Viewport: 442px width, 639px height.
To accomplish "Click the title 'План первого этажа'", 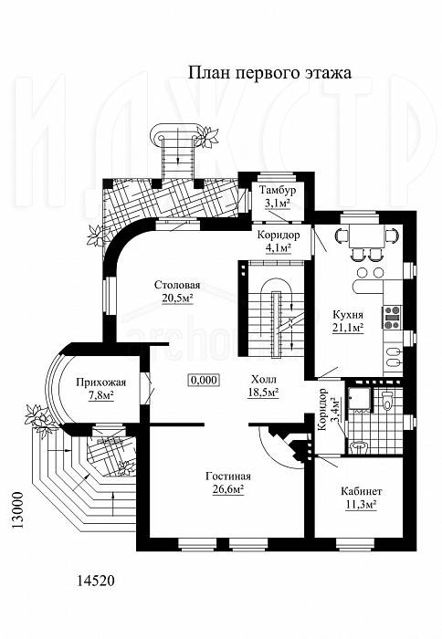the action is coord(269,73).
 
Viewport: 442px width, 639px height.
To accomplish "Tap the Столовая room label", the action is coord(177,285).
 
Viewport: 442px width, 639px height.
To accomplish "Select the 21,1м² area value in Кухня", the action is coord(348,328).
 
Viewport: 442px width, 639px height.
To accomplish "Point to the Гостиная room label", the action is coord(228,477).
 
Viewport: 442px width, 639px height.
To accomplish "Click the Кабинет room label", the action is coord(362,491).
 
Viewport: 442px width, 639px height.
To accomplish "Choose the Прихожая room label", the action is coord(101,382).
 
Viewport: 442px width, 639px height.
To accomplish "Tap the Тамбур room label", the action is coord(278,190).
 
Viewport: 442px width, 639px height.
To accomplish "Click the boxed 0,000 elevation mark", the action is coord(204,381).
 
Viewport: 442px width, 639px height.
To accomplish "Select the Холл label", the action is coord(263,380).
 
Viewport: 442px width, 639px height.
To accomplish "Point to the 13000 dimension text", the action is coord(17,510).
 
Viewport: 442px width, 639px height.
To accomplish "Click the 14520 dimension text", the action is coord(95,581).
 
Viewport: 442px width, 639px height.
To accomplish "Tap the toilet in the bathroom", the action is coord(387,400).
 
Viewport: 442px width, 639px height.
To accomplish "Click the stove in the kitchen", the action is coord(393,317).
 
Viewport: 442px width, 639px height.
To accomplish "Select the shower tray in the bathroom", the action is coord(359,398).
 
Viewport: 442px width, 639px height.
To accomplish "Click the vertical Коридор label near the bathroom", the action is coord(321,410).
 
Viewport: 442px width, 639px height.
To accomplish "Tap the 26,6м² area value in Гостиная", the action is coord(228,488).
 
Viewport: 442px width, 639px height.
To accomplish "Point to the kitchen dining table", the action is coord(366,236).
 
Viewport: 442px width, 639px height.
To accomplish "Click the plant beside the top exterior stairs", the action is coord(208,137).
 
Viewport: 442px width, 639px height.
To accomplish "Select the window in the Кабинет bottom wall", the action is coord(354,543).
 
